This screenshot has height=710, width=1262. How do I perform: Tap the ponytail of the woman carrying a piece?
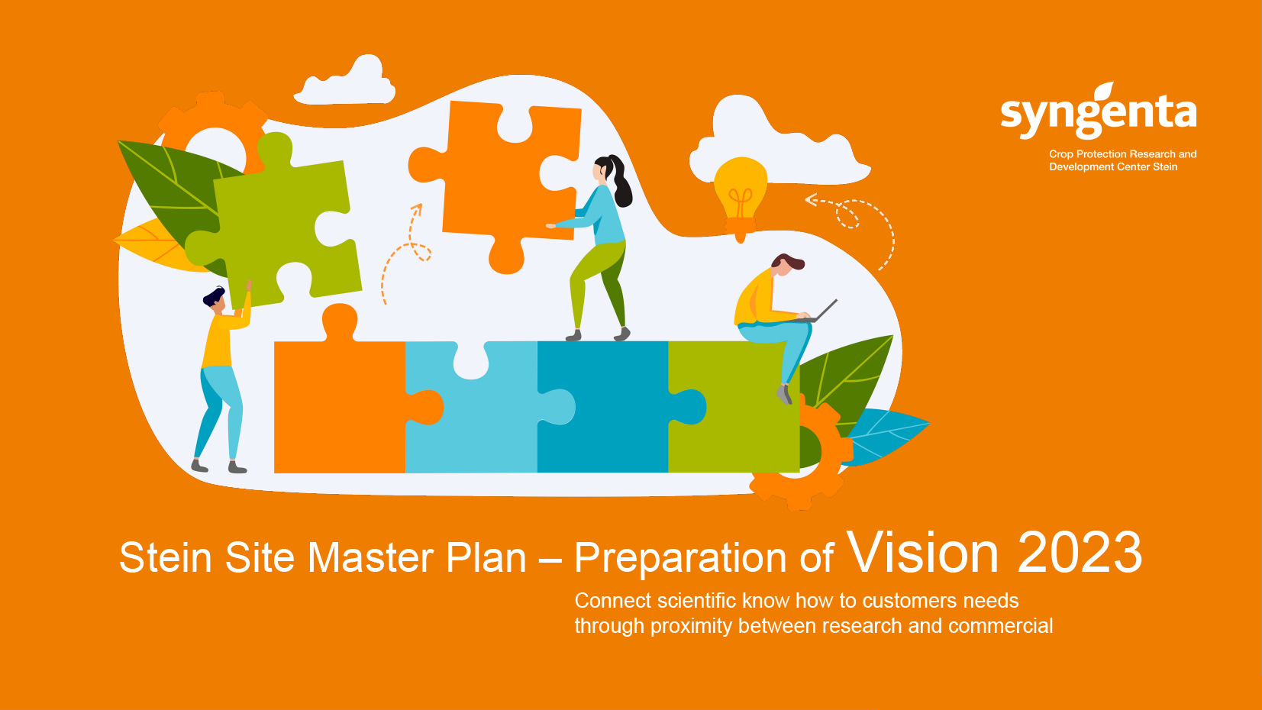620,180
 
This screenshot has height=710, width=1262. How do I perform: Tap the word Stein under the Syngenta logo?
1165,166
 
